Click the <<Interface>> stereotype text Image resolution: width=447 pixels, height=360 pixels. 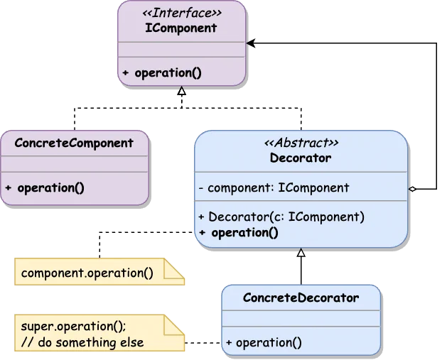182,13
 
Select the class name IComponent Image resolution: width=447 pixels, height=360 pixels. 182,28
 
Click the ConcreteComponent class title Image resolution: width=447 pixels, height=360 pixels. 75,143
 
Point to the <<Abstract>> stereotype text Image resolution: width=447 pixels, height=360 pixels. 301,143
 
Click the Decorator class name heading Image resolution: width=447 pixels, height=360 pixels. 301,158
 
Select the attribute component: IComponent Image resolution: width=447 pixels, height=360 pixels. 274,188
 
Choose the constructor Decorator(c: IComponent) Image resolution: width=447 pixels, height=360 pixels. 281,217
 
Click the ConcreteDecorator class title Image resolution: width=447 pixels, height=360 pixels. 301,298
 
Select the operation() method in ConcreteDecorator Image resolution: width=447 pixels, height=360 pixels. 264,342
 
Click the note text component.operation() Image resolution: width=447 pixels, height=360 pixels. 87,273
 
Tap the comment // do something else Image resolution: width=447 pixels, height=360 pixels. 82,342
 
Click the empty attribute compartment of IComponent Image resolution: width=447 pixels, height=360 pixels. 182,49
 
